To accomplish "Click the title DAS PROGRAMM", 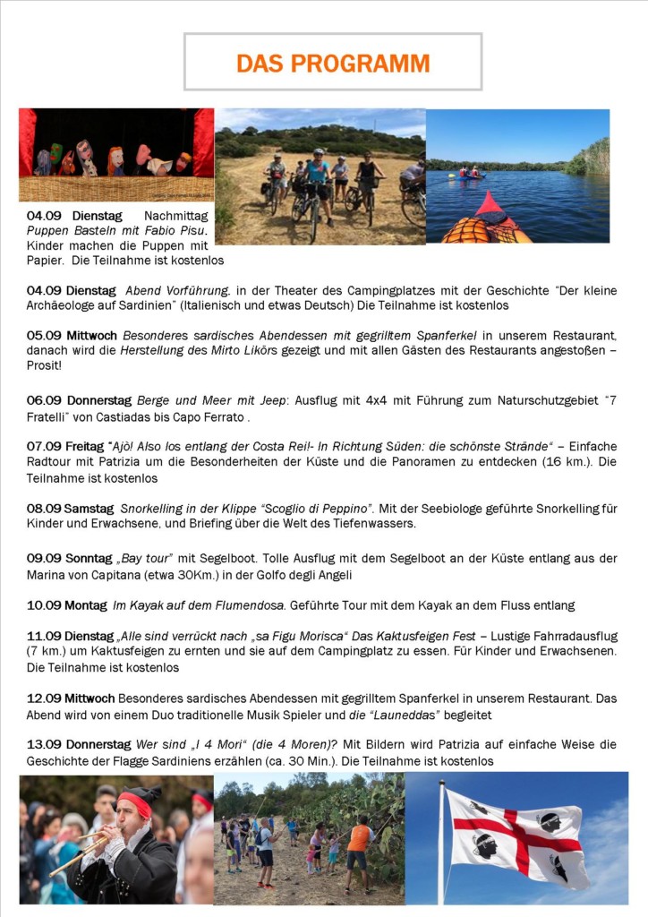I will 333,64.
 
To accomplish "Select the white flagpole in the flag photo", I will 440,842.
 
